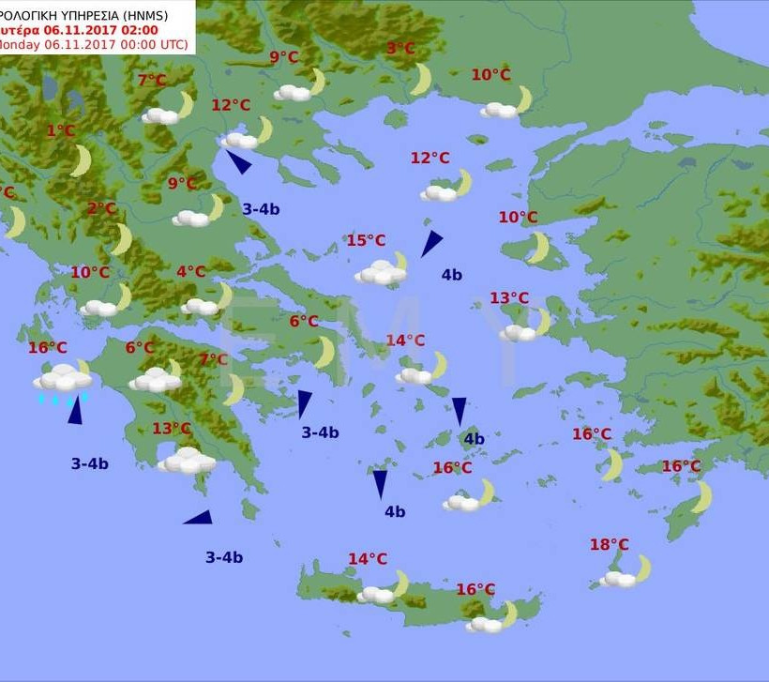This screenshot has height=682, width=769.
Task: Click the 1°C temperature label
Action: pos(60,131)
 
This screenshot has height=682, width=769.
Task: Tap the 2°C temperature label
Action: pos(101,208)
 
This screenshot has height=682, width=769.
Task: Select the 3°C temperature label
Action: pos(400,49)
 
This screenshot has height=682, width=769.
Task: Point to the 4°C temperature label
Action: pos(190,272)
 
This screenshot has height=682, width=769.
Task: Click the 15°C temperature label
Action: pos(366,241)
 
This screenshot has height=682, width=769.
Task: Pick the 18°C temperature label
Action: pos(609,545)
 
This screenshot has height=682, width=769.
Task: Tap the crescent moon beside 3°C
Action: pos(421,79)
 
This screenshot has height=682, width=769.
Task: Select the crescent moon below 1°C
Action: pos(82,160)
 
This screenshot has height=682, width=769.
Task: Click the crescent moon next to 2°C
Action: pos(121,238)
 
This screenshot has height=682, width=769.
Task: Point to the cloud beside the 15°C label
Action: pos(381,273)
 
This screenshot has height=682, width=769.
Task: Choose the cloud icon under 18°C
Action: pos(619,579)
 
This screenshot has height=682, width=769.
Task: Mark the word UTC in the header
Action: pos(173,44)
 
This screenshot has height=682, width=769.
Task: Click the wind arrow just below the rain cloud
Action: pos(75,412)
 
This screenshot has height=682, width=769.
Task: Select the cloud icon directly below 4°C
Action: pos(200,306)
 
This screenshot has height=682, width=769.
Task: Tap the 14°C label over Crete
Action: pos(368,559)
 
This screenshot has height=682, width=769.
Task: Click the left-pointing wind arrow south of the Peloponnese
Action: pos(199,517)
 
